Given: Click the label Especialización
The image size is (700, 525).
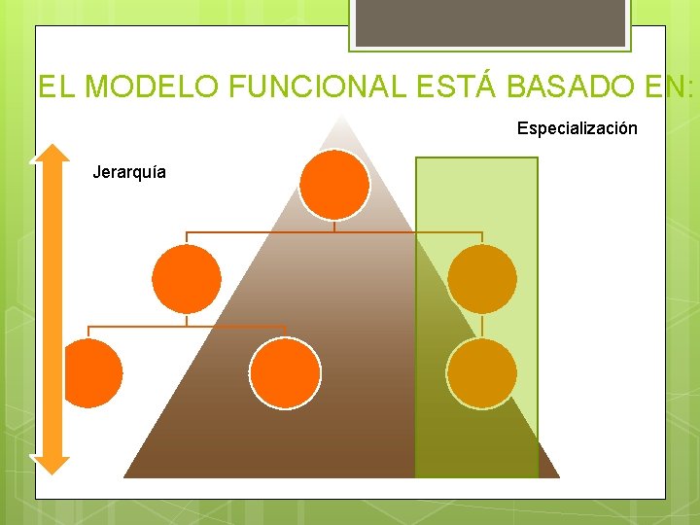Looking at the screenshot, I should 577,128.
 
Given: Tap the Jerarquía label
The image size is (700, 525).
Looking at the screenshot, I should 128,173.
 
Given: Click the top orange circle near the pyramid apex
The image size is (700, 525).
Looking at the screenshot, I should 333,184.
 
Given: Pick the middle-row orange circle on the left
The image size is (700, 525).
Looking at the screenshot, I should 187,279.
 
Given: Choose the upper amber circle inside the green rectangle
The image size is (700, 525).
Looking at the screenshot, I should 481,279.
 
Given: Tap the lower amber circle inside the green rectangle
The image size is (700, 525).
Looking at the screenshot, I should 481,373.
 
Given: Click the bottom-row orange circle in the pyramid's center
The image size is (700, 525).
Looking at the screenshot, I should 285,373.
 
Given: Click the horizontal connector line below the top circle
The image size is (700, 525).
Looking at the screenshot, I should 333,232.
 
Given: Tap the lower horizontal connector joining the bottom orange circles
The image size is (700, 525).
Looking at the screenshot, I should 187,326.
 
